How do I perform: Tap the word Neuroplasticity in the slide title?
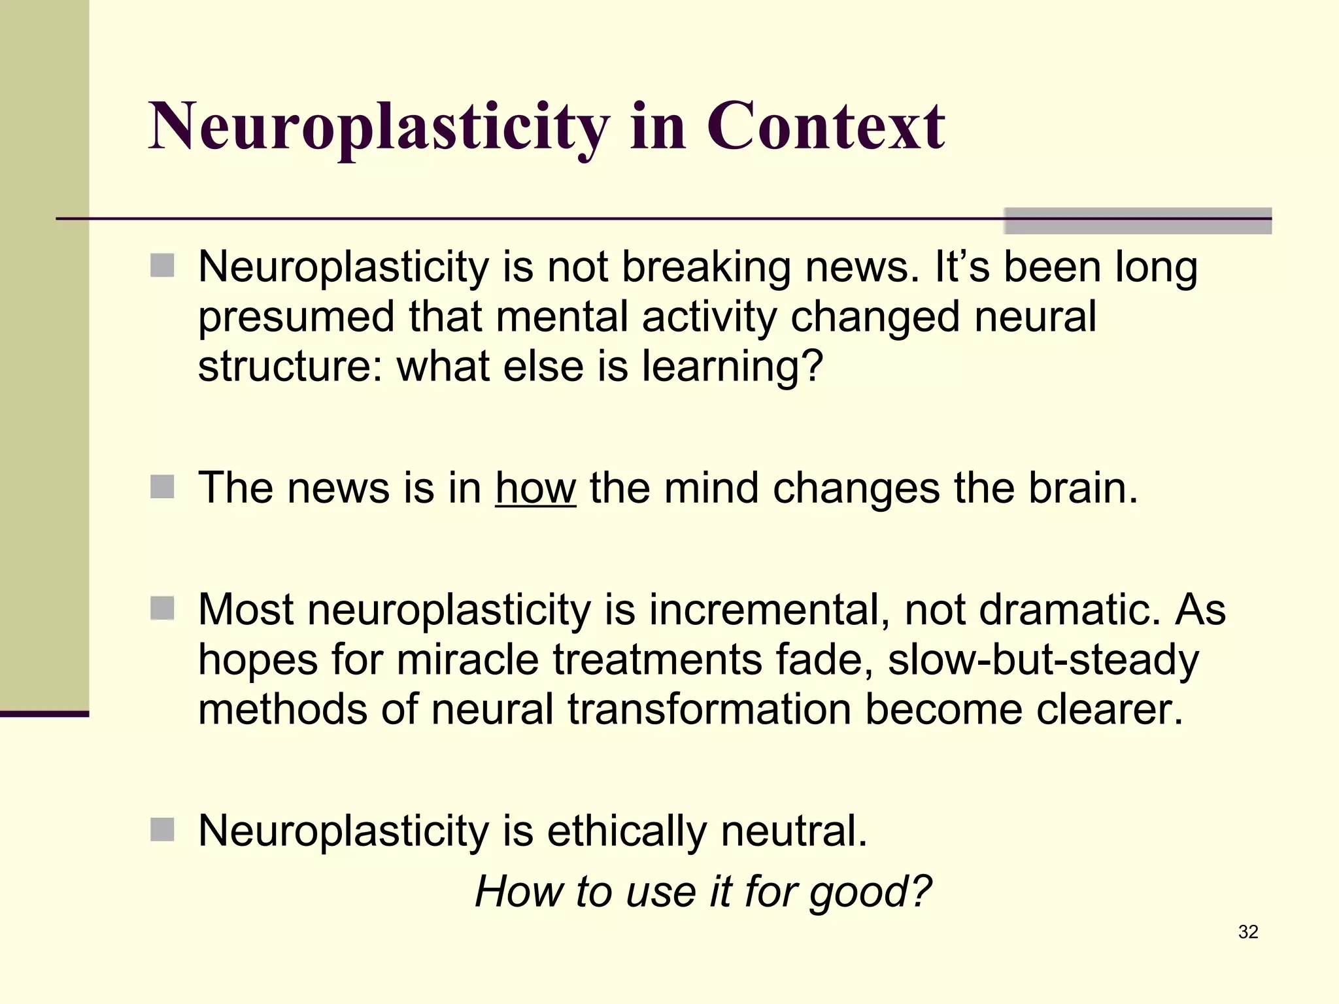click(x=379, y=127)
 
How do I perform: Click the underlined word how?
click(x=535, y=488)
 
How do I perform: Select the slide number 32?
click(x=1248, y=931)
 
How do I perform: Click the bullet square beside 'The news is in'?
click(x=162, y=487)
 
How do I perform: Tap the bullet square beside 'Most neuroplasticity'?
click(x=162, y=608)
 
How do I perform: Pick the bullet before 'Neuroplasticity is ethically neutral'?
click(x=162, y=829)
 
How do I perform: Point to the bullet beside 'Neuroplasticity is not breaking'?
click(x=162, y=265)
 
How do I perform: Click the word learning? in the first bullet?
click(x=732, y=367)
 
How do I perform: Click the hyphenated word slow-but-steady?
click(x=1043, y=660)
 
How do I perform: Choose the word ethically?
click(x=626, y=832)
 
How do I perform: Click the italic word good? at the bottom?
click(x=870, y=892)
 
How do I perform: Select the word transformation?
click(x=709, y=709)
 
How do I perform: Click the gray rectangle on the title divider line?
click(x=1138, y=220)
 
